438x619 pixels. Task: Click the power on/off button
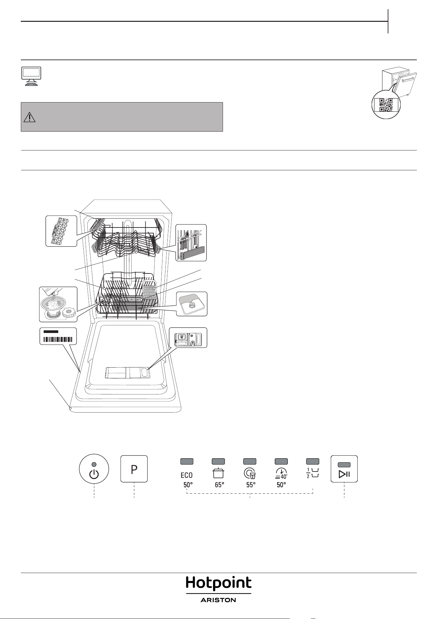[x=94, y=469]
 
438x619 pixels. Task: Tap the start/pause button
[x=344, y=469]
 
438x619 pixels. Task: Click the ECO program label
[x=187, y=475]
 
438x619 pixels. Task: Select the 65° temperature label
[x=220, y=485]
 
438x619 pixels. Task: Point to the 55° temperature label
[x=251, y=485]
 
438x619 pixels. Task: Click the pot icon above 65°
[x=218, y=473]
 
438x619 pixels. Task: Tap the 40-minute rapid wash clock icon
[x=281, y=474]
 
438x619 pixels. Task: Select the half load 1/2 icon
[x=313, y=473]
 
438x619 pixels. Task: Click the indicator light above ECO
[x=187, y=461]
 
